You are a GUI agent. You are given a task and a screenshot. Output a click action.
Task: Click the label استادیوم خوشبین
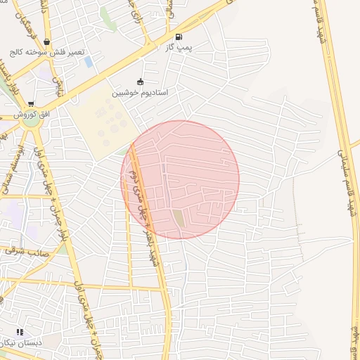tap(140, 91)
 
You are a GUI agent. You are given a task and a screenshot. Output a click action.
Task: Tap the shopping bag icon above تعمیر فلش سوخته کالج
tap(46, 41)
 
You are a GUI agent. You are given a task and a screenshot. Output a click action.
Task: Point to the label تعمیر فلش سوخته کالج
tap(46, 53)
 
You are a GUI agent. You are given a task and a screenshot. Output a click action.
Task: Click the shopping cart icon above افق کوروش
tap(31, 104)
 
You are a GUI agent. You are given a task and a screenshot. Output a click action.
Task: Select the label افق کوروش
tap(31, 114)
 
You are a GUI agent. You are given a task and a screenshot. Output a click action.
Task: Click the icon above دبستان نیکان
tap(20, 331)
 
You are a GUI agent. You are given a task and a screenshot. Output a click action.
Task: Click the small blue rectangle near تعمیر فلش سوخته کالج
tap(89, 62)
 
